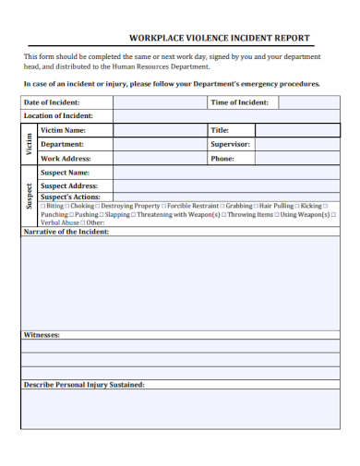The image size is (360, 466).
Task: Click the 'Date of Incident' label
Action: tap(52, 102)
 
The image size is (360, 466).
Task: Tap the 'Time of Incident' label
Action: tap(239, 102)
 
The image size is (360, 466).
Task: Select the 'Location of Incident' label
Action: tap(58, 115)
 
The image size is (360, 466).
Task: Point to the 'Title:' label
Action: tap(220, 130)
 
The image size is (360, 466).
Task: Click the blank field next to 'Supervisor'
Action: tap(296, 144)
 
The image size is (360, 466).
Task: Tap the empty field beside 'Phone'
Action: tap(296, 158)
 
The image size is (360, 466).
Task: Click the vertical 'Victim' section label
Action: tap(30, 144)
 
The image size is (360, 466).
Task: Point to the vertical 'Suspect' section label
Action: tap(30, 197)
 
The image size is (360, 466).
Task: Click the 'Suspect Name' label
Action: tap(66, 173)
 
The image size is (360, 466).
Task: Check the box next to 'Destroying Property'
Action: tap(98, 206)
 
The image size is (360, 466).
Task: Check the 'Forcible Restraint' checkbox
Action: tap(164, 206)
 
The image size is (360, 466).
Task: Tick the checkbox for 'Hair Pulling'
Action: tap(256, 206)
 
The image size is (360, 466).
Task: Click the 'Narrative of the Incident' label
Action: tap(66, 232)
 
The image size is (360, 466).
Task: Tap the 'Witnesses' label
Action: tap(42, 334)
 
